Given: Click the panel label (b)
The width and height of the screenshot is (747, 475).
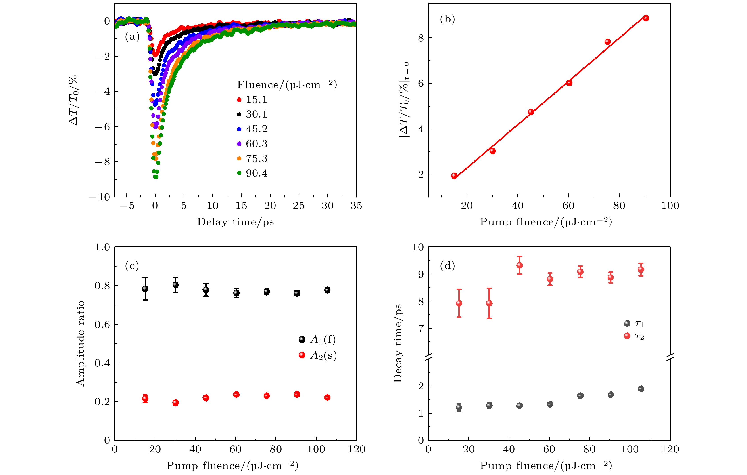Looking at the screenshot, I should tap(447, 19).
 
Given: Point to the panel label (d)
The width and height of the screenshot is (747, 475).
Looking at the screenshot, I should tap(447, 265).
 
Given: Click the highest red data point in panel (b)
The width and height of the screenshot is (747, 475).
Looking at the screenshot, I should tap(646, 18).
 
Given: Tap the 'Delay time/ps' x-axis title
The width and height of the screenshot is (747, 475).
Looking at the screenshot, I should tap(236, 222).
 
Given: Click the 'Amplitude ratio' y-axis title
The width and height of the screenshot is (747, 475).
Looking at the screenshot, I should tap(81, 343).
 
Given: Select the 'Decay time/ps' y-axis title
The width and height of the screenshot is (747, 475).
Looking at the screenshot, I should tap(398, 343).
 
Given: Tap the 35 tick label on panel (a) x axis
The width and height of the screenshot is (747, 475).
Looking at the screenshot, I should tap(356, 206).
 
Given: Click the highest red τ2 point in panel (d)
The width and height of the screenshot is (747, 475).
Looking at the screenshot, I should tap(520, 265).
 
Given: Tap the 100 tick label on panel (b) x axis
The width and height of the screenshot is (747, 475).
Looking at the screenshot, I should tap(670, 206).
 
